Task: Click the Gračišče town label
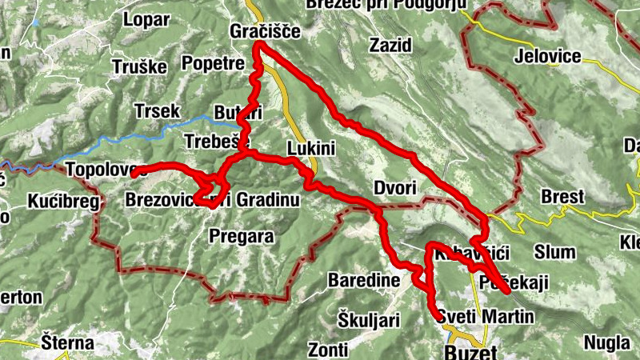pyautogui.click(x=264, y=32)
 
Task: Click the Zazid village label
pyautogui.click(x=390, y=46)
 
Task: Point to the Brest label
pyautogui.click(x=562, y=197)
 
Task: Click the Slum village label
pyautogui.click(x=554, y=252)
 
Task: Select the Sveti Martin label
pyautogui.click(x=486, y=318)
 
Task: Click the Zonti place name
pyautogui.click(x=328, y=350)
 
